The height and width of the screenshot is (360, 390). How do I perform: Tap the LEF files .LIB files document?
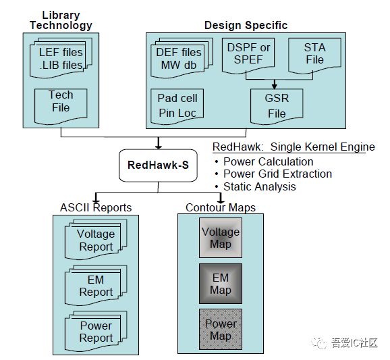coord(61,58)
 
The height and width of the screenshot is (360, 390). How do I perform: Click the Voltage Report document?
coord(94,240)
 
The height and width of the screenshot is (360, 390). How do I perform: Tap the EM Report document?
coord(94,286)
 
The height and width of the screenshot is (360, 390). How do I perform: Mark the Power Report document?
coord(94,331)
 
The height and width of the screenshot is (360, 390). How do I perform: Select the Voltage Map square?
coord(221,238)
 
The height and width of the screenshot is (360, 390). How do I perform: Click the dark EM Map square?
coord(221,283)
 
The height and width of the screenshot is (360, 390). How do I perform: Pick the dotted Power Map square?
coord(221,330)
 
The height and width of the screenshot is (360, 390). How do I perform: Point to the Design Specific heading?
coord(246,26)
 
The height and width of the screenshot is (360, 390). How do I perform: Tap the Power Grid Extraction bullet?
coord(277,174)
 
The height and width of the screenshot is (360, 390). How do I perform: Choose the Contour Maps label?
coord(221,207)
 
